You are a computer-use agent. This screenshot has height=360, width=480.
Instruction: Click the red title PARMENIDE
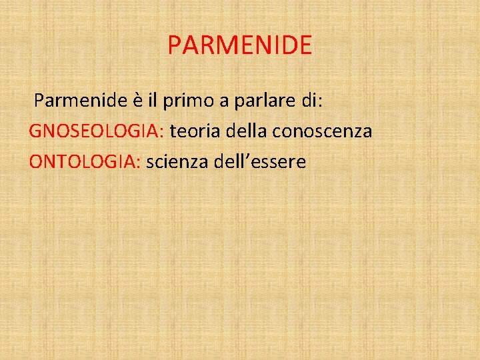tap(239, 45)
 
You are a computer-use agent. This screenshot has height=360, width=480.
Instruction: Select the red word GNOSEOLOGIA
tap(95, 131)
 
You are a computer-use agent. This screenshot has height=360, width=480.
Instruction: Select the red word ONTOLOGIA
tap(83, 162)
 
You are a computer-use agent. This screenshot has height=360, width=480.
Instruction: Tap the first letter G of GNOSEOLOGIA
tap(35, 131)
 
